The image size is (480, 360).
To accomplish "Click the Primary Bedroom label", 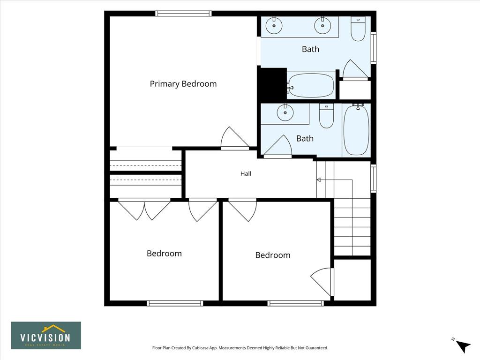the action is click(x=183, y=84).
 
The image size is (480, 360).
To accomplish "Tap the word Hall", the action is click(x=246, y=173).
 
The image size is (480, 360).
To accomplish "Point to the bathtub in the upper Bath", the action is click(x=311, y=85).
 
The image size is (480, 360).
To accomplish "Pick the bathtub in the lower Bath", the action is click(x=356, y=130).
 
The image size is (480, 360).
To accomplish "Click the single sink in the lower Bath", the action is click(x=285, y=112).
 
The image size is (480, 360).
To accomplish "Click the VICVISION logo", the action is click(x=46, y=335).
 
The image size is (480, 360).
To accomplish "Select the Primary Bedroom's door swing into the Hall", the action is click(x=234, y=138).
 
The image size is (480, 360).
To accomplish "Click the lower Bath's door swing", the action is click(x=277, y=146).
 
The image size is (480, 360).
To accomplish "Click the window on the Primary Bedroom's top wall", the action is click(x=183, y=14).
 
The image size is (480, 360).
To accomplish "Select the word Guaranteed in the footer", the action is click(x=317, y=348).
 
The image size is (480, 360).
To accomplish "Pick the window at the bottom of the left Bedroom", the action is click(x=175, y=303).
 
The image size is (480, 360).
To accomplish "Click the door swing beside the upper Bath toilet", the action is click(x=355, y=69).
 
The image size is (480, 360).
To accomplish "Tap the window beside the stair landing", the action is click(x=374, y=178).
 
